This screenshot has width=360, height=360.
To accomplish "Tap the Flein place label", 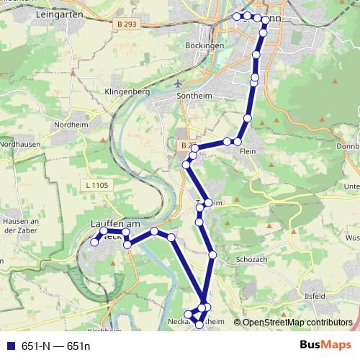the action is click(x=249, y=151).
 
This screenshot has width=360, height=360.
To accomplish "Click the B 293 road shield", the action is click(x=126, y=24).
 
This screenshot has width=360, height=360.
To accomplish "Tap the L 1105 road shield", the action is click(x=96, y=185).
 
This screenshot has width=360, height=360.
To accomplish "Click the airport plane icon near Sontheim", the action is click(x=178, y=84).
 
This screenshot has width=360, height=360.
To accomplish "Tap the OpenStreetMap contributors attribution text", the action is click(x=297, y=323).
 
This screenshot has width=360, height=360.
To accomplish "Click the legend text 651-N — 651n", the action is click(x=56, y=346).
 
